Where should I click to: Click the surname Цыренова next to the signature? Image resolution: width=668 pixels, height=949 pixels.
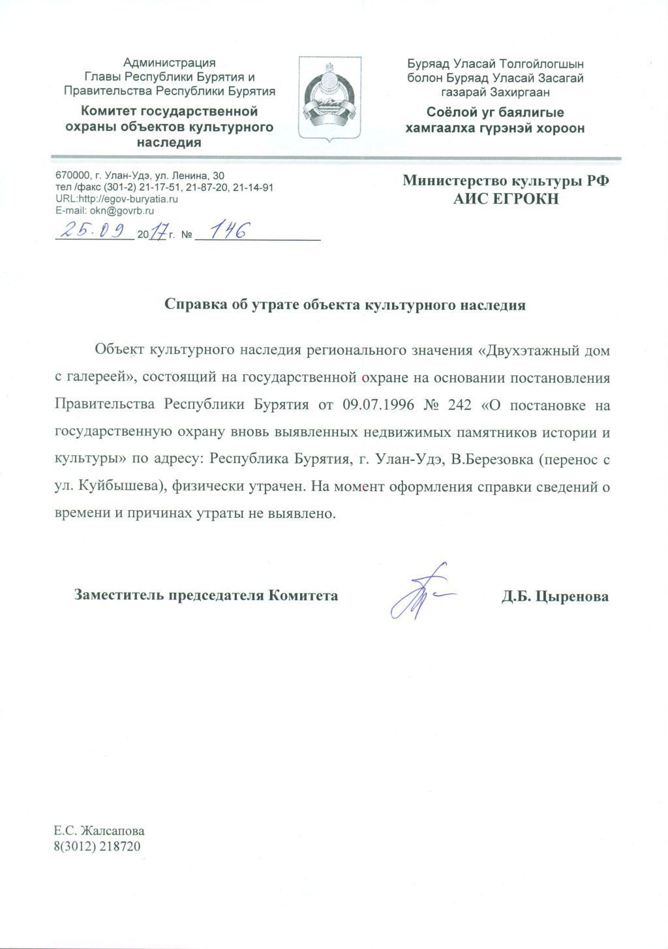[571, 596]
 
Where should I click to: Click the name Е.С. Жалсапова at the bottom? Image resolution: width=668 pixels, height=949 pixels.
[99, 832]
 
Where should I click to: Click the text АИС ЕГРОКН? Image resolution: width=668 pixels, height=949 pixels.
[506, 200]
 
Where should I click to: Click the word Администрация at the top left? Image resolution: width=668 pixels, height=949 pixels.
[169, 63]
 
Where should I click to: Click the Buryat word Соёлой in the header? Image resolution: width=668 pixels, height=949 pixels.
[450, 112]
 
